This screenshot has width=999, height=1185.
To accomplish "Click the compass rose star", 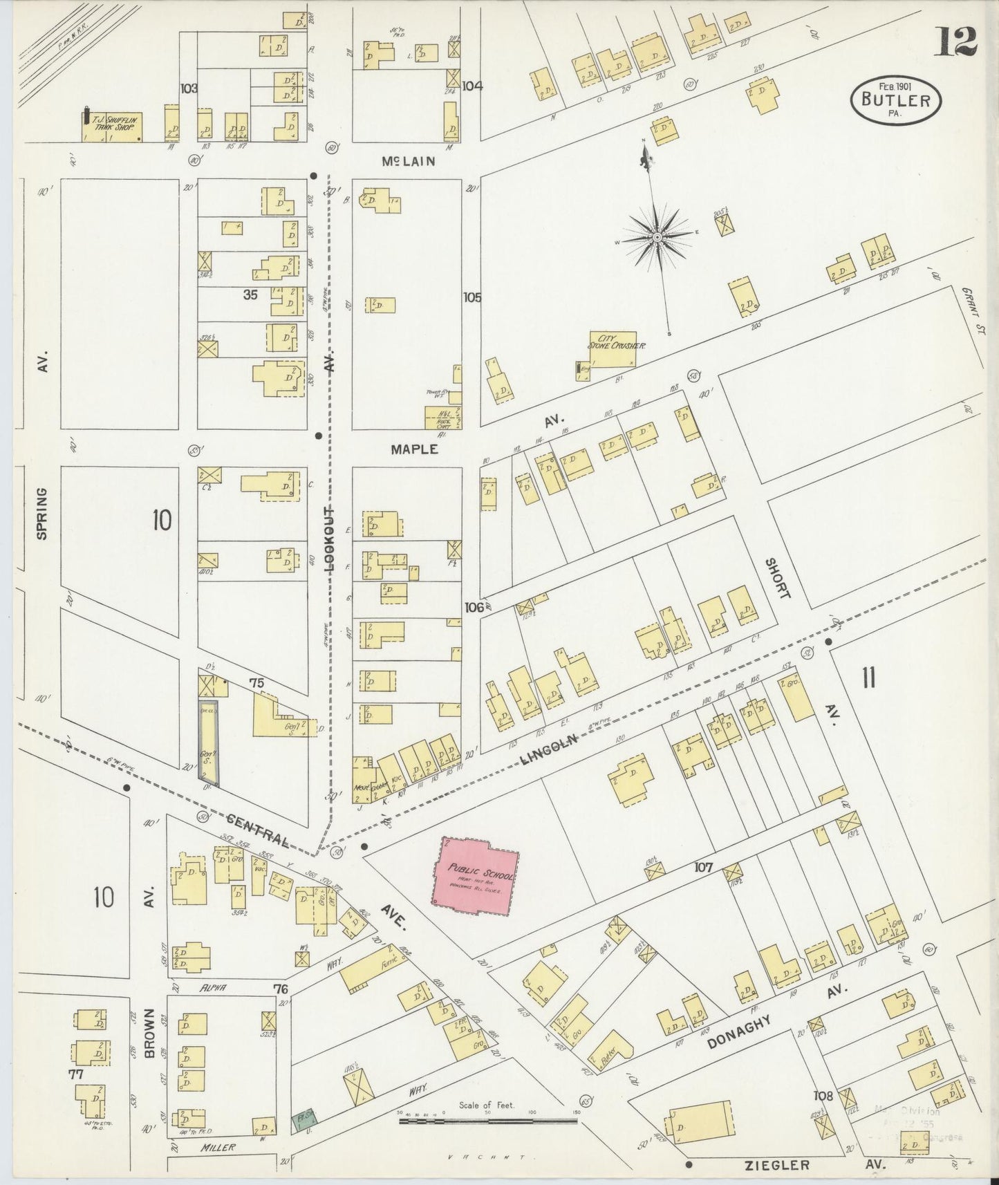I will click(x=657, y=238).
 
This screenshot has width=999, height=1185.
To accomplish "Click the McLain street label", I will click(x=409, y=161).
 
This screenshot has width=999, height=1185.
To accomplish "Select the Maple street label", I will click(x=414, y=449).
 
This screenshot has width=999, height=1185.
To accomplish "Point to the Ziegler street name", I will click(x=778, y=1166).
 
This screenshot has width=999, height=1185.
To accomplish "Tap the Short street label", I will click(x=777, y=578).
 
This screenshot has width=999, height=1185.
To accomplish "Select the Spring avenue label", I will click(x=42, y=514).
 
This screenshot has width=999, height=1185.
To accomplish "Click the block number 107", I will click(x=707, y=867).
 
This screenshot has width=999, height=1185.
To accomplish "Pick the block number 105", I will click(x=472, y=297).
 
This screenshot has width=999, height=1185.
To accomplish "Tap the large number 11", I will click(x=868, y=678).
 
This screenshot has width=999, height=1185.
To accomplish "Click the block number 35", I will click(x=250, y=295).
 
